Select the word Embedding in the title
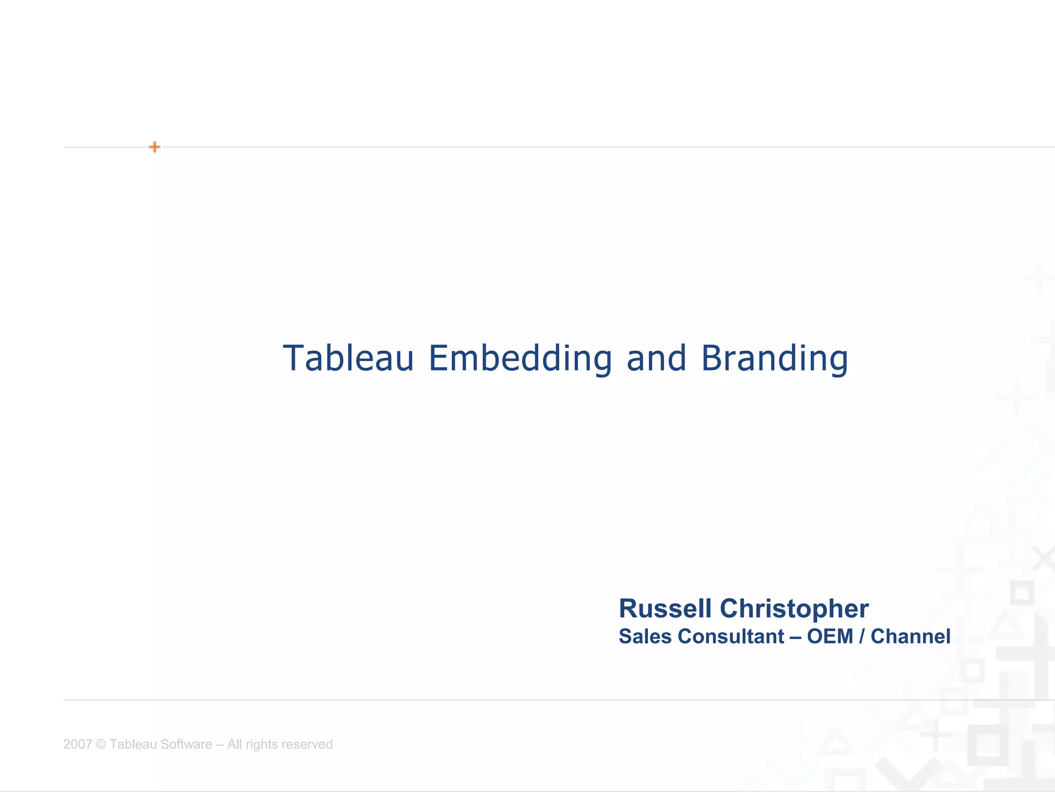(x=520, y=359)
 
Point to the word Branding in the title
(x=774, y=359)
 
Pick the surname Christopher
(x=794, y=609)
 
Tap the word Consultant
(x=731, y=636)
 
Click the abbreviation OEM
(x=830, y=636)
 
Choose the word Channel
(x=910, y=636)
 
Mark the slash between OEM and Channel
(x=862, y=636)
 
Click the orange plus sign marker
(x=155, y=147)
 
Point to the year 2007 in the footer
(x=77, y=744)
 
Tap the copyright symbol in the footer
(x=100, y=744)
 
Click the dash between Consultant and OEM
(x=795, y=637)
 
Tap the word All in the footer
(x=234, y=744)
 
